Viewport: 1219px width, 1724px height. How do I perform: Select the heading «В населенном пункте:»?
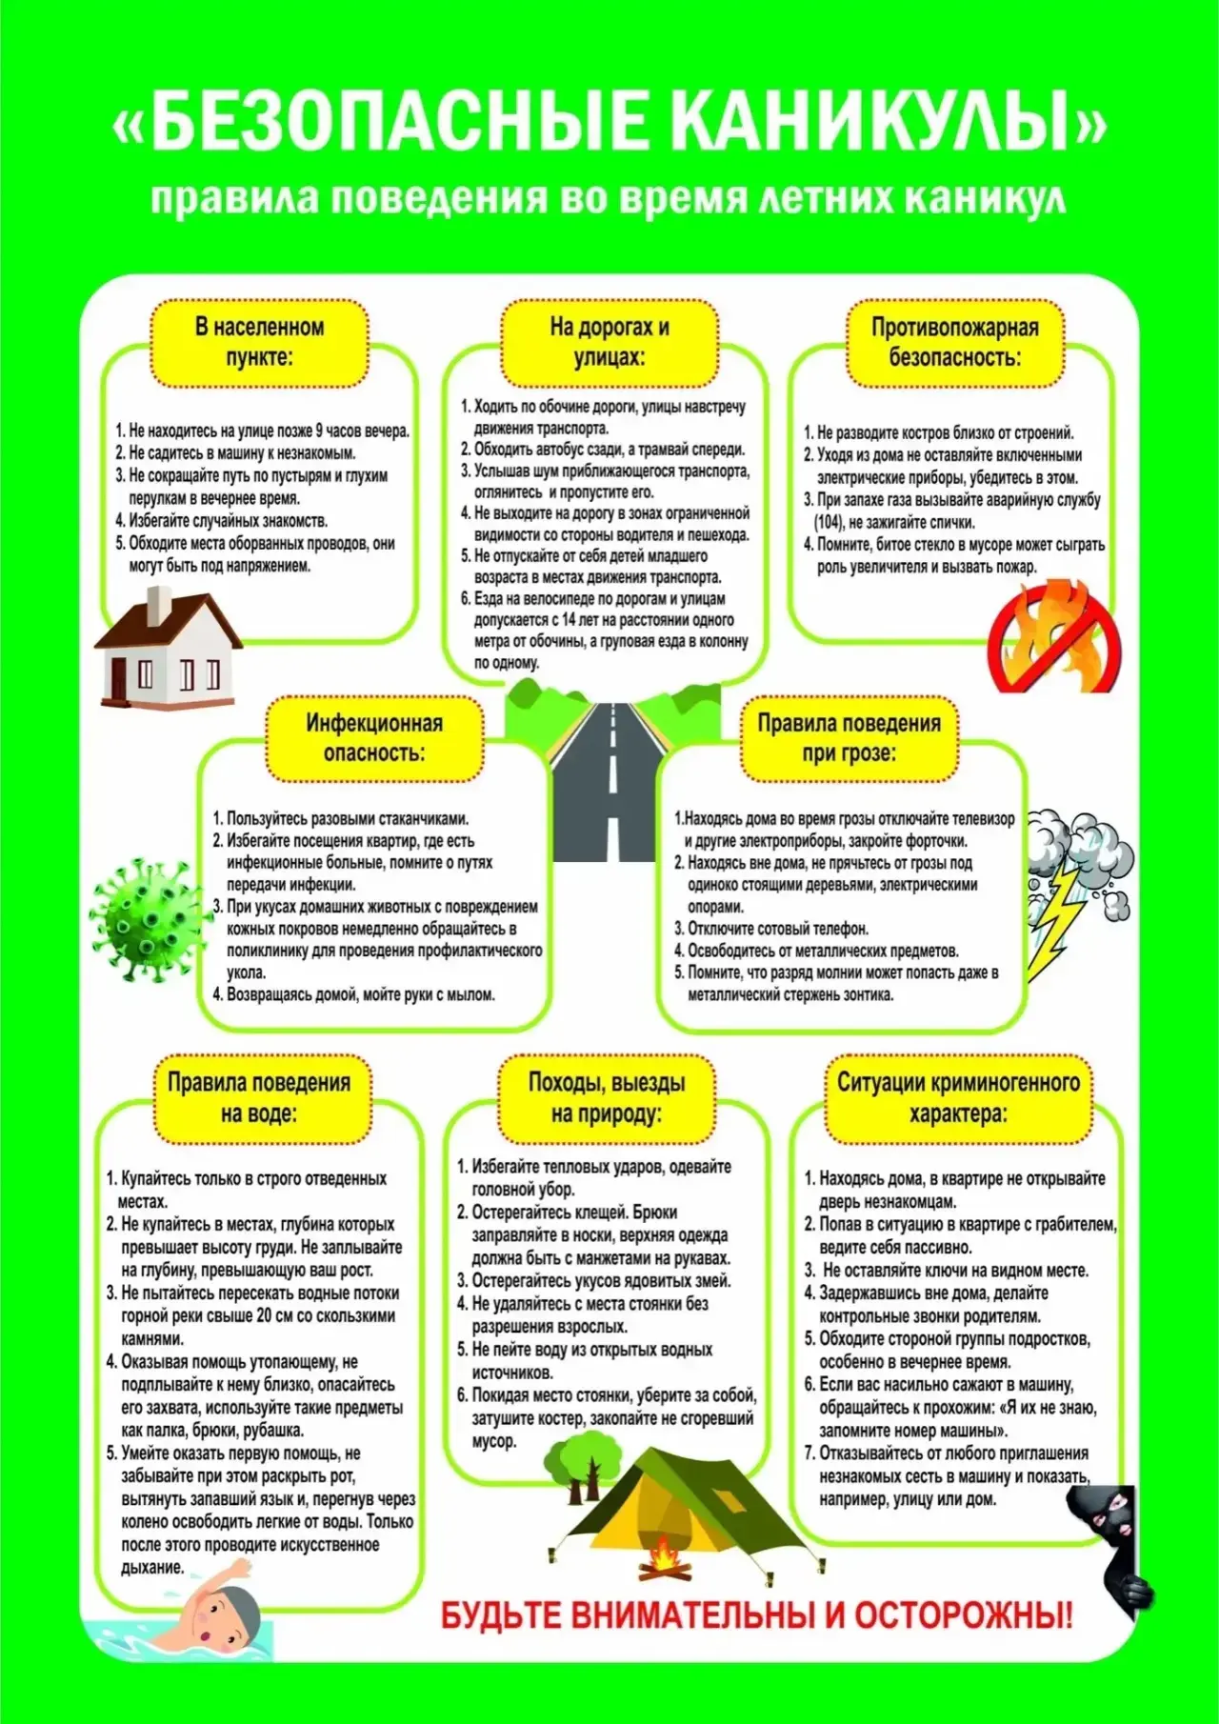pos(259,342)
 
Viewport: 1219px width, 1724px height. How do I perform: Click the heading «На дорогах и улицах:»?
pos(609,342)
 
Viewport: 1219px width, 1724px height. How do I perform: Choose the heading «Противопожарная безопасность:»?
pos(954,342)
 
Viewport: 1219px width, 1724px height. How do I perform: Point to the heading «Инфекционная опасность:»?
pos(373,737)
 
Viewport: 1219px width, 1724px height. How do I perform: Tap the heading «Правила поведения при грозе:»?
pos(848,737)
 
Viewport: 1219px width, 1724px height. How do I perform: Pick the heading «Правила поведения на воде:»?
pos(259,1097)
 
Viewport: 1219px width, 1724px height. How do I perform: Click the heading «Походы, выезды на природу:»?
pos(607,1097)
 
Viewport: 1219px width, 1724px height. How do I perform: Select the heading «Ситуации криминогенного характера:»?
pos(958,1097)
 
